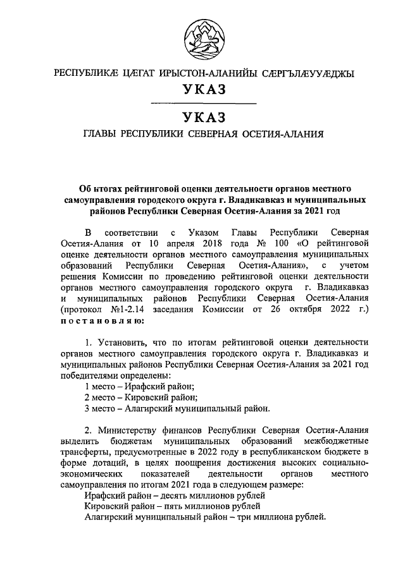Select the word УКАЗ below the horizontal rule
coord(202,118)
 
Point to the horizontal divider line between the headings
coord(202,103)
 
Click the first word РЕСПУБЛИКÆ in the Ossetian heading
coord(87,73)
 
